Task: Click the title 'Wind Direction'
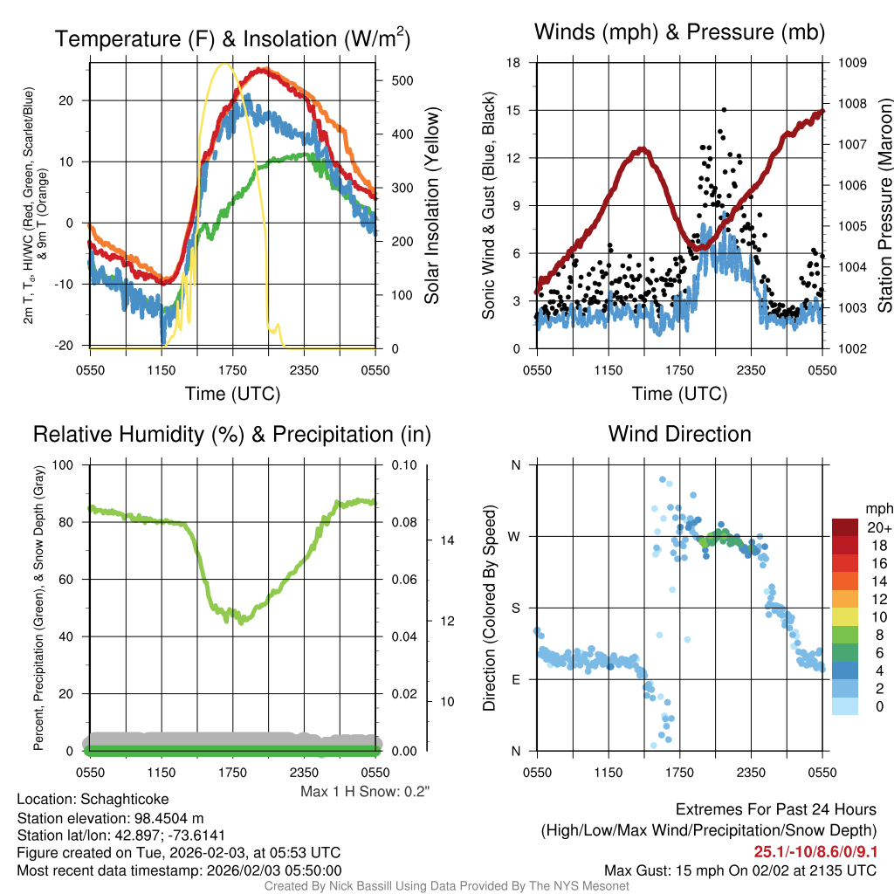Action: (679, 434)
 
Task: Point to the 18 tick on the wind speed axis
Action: (513, 63)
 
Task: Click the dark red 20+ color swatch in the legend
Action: (845, 527)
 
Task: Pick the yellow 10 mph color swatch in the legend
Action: (845, 615)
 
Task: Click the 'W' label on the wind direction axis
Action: (515, 536)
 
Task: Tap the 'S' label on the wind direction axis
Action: (515, 608)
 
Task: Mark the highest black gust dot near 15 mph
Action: (724, 110)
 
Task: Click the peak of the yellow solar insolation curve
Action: (225, 64)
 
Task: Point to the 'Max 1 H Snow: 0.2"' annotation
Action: (365, 792)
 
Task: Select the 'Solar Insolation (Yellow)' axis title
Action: (431, 205)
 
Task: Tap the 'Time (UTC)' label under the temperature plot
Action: (232, 394)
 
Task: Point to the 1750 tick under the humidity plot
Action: (232, 773)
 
